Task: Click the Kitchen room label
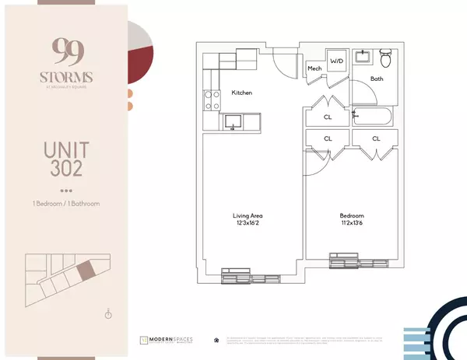241,93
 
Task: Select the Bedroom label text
352,215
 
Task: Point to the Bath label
377,79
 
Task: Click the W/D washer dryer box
336,60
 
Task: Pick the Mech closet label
314,69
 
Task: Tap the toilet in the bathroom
384,58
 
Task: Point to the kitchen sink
232,121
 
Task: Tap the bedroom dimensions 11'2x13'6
352,224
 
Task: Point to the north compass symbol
108,314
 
